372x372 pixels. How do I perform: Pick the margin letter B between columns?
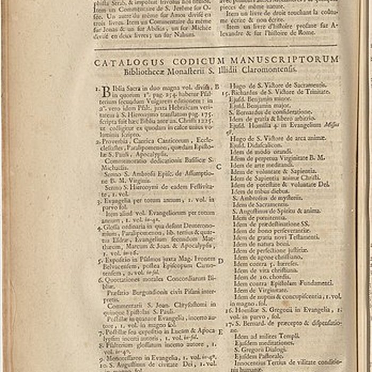(217, 86)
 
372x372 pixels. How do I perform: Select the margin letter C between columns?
(218, 166)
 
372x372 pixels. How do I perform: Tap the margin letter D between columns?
(220, 260)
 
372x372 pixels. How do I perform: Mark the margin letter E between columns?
(220, 332)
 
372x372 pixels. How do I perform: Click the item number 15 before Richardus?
(227, 92)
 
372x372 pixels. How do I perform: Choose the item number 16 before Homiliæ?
(229, 310)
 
